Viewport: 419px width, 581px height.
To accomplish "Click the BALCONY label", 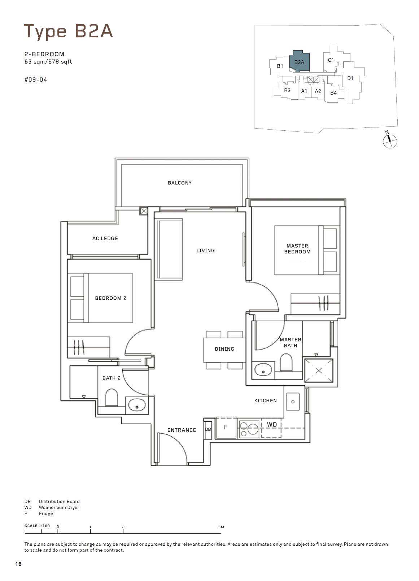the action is [x=179, y=183].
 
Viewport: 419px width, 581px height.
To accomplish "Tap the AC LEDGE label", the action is [x=105, y=238].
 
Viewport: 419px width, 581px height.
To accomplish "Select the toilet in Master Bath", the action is [x=286, y=362].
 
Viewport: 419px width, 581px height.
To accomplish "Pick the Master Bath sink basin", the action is [x=263, y=369].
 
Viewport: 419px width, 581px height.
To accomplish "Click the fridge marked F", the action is [x=226, y=428].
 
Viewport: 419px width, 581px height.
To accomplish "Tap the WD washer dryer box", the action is [x=271, y=428].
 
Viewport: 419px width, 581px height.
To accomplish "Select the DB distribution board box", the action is [x=208, y=430].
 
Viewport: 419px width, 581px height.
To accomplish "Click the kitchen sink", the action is [x=293, y=402].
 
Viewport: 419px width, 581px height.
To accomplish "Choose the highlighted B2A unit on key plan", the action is [x=299, y=61].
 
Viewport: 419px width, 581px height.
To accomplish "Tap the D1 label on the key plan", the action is [x=350, y=78].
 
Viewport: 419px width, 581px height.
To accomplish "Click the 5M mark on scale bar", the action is [x=221, y=527].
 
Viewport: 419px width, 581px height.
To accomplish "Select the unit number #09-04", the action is [x=36, y=80].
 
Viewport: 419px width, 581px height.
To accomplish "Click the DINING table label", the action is [x=224, y=349].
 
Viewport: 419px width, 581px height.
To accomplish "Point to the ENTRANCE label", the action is [x=182, y=430].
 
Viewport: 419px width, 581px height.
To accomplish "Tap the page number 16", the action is [x=18, y=564].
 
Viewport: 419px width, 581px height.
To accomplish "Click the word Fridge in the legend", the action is [x=46, y=513].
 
